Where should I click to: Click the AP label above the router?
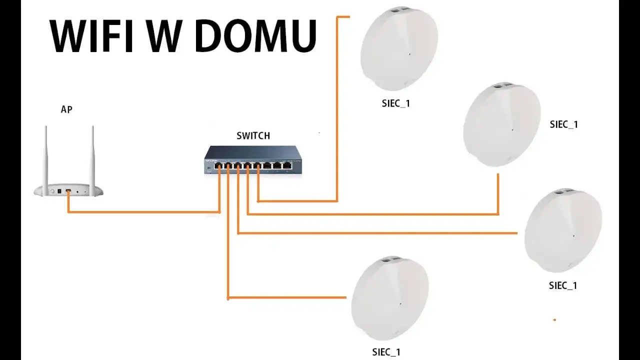click(66, 109)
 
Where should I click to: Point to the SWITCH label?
click(253, 135)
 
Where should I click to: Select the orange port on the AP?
click(68, 191)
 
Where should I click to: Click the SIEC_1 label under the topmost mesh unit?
click(396, 104)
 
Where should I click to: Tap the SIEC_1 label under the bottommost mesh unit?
click(386, 352)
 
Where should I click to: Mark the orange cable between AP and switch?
click(145, 212)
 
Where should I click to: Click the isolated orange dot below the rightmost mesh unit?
click(554, 319)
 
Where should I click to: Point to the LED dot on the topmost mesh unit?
click(409, 54)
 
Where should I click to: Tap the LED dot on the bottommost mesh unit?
click(400, 303)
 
